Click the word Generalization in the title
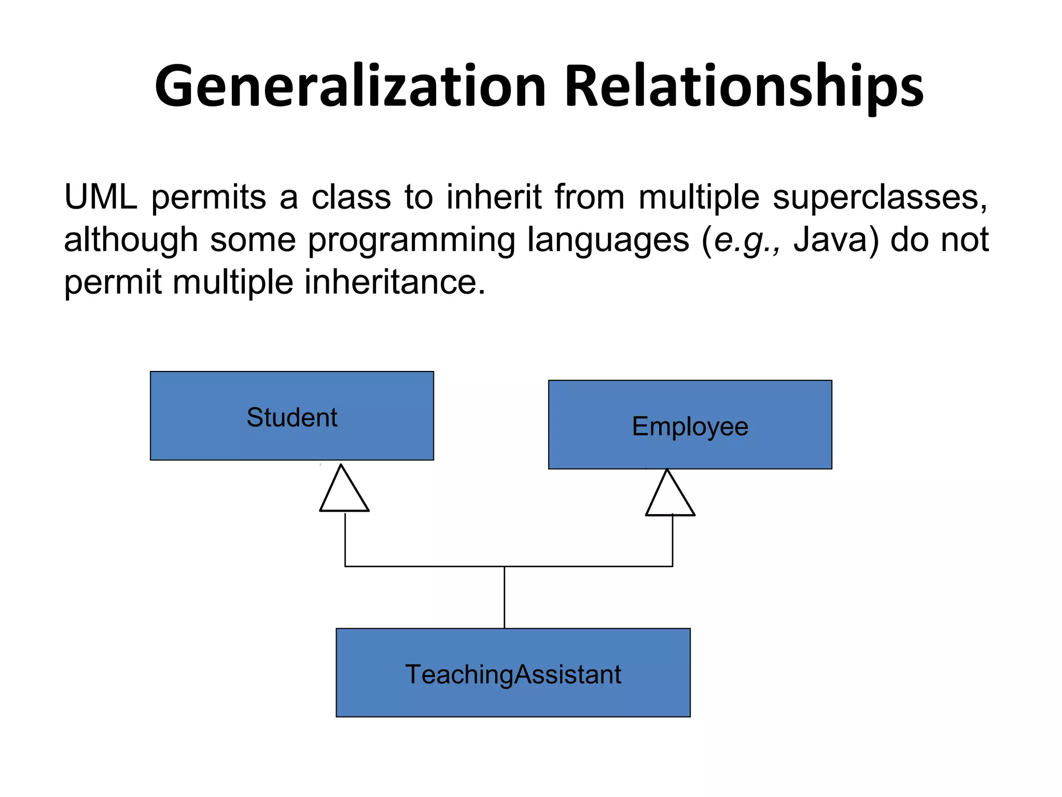(x=351, y=86)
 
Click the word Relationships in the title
(x=744, y=86)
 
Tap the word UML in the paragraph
(x=101, y=197)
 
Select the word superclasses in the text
(x=880, y=198)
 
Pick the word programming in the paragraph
(x=412, y=241)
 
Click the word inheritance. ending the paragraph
(x=395, y=282)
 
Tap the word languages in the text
(x=608, y=241)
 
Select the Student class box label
(x=292, y=417)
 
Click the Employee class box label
(x=690, y=427)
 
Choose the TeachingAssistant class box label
(x=513, y=674)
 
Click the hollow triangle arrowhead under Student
(x=344, y=492)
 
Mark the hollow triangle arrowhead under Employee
(x=669, y=496)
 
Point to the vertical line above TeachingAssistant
(x=504, y=597)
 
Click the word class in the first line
(x=351, y=197)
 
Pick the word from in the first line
(x=590, y=197)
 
